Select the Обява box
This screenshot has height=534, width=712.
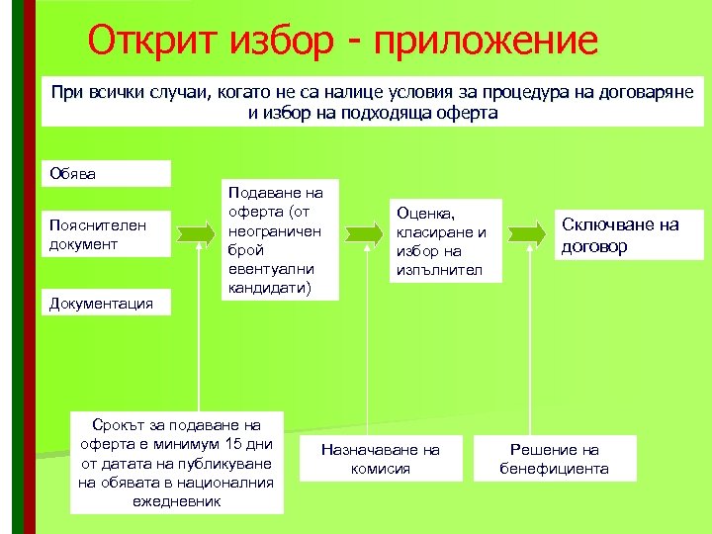coord(107,173)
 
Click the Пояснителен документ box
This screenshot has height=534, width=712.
coord(107,234)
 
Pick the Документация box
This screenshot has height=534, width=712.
coord(107,303)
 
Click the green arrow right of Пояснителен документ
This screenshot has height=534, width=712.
coord(196,234)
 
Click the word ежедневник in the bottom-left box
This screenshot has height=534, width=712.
coord(176,501)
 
